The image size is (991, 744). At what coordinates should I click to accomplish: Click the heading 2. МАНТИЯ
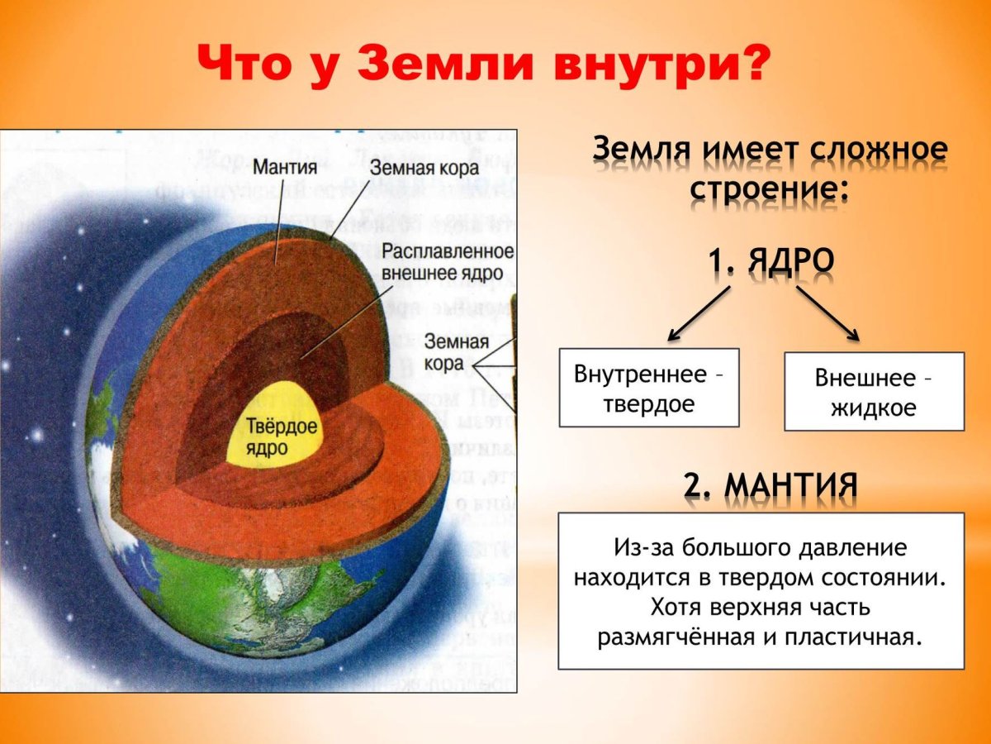770,485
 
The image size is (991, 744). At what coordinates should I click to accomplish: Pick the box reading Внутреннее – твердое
649,388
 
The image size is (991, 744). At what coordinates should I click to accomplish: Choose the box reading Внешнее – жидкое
874,392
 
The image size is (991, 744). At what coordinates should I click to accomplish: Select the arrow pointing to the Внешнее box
828,314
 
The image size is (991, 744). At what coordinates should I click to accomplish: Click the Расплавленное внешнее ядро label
448,260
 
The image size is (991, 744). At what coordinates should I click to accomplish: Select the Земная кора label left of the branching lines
457,352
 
